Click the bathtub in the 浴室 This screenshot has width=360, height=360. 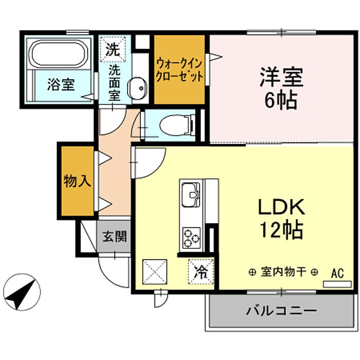[x=58, y=53]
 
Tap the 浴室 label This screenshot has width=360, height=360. [x=61, y=84]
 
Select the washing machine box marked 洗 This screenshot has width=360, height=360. [x=113, y=49]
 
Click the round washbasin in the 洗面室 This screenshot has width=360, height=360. [x=137, y=88]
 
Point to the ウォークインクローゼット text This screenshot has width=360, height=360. [x=179, y=70]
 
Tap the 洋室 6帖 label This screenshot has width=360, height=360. [x=281, y=88]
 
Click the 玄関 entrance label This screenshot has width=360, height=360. [x=115, y=236]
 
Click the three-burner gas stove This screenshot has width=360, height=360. [x=191, y=238]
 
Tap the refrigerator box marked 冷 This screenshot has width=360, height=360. [x=201, y=272]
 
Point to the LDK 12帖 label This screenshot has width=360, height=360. [x=281, y=219]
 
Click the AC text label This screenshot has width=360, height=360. [x=337, y=273]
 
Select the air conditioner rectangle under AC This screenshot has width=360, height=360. [x=337, y=284]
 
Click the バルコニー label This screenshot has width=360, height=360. [x=281, y=311]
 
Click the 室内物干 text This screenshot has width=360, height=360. [x=283, y=272]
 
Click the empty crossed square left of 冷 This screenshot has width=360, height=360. [x=155, y=272]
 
